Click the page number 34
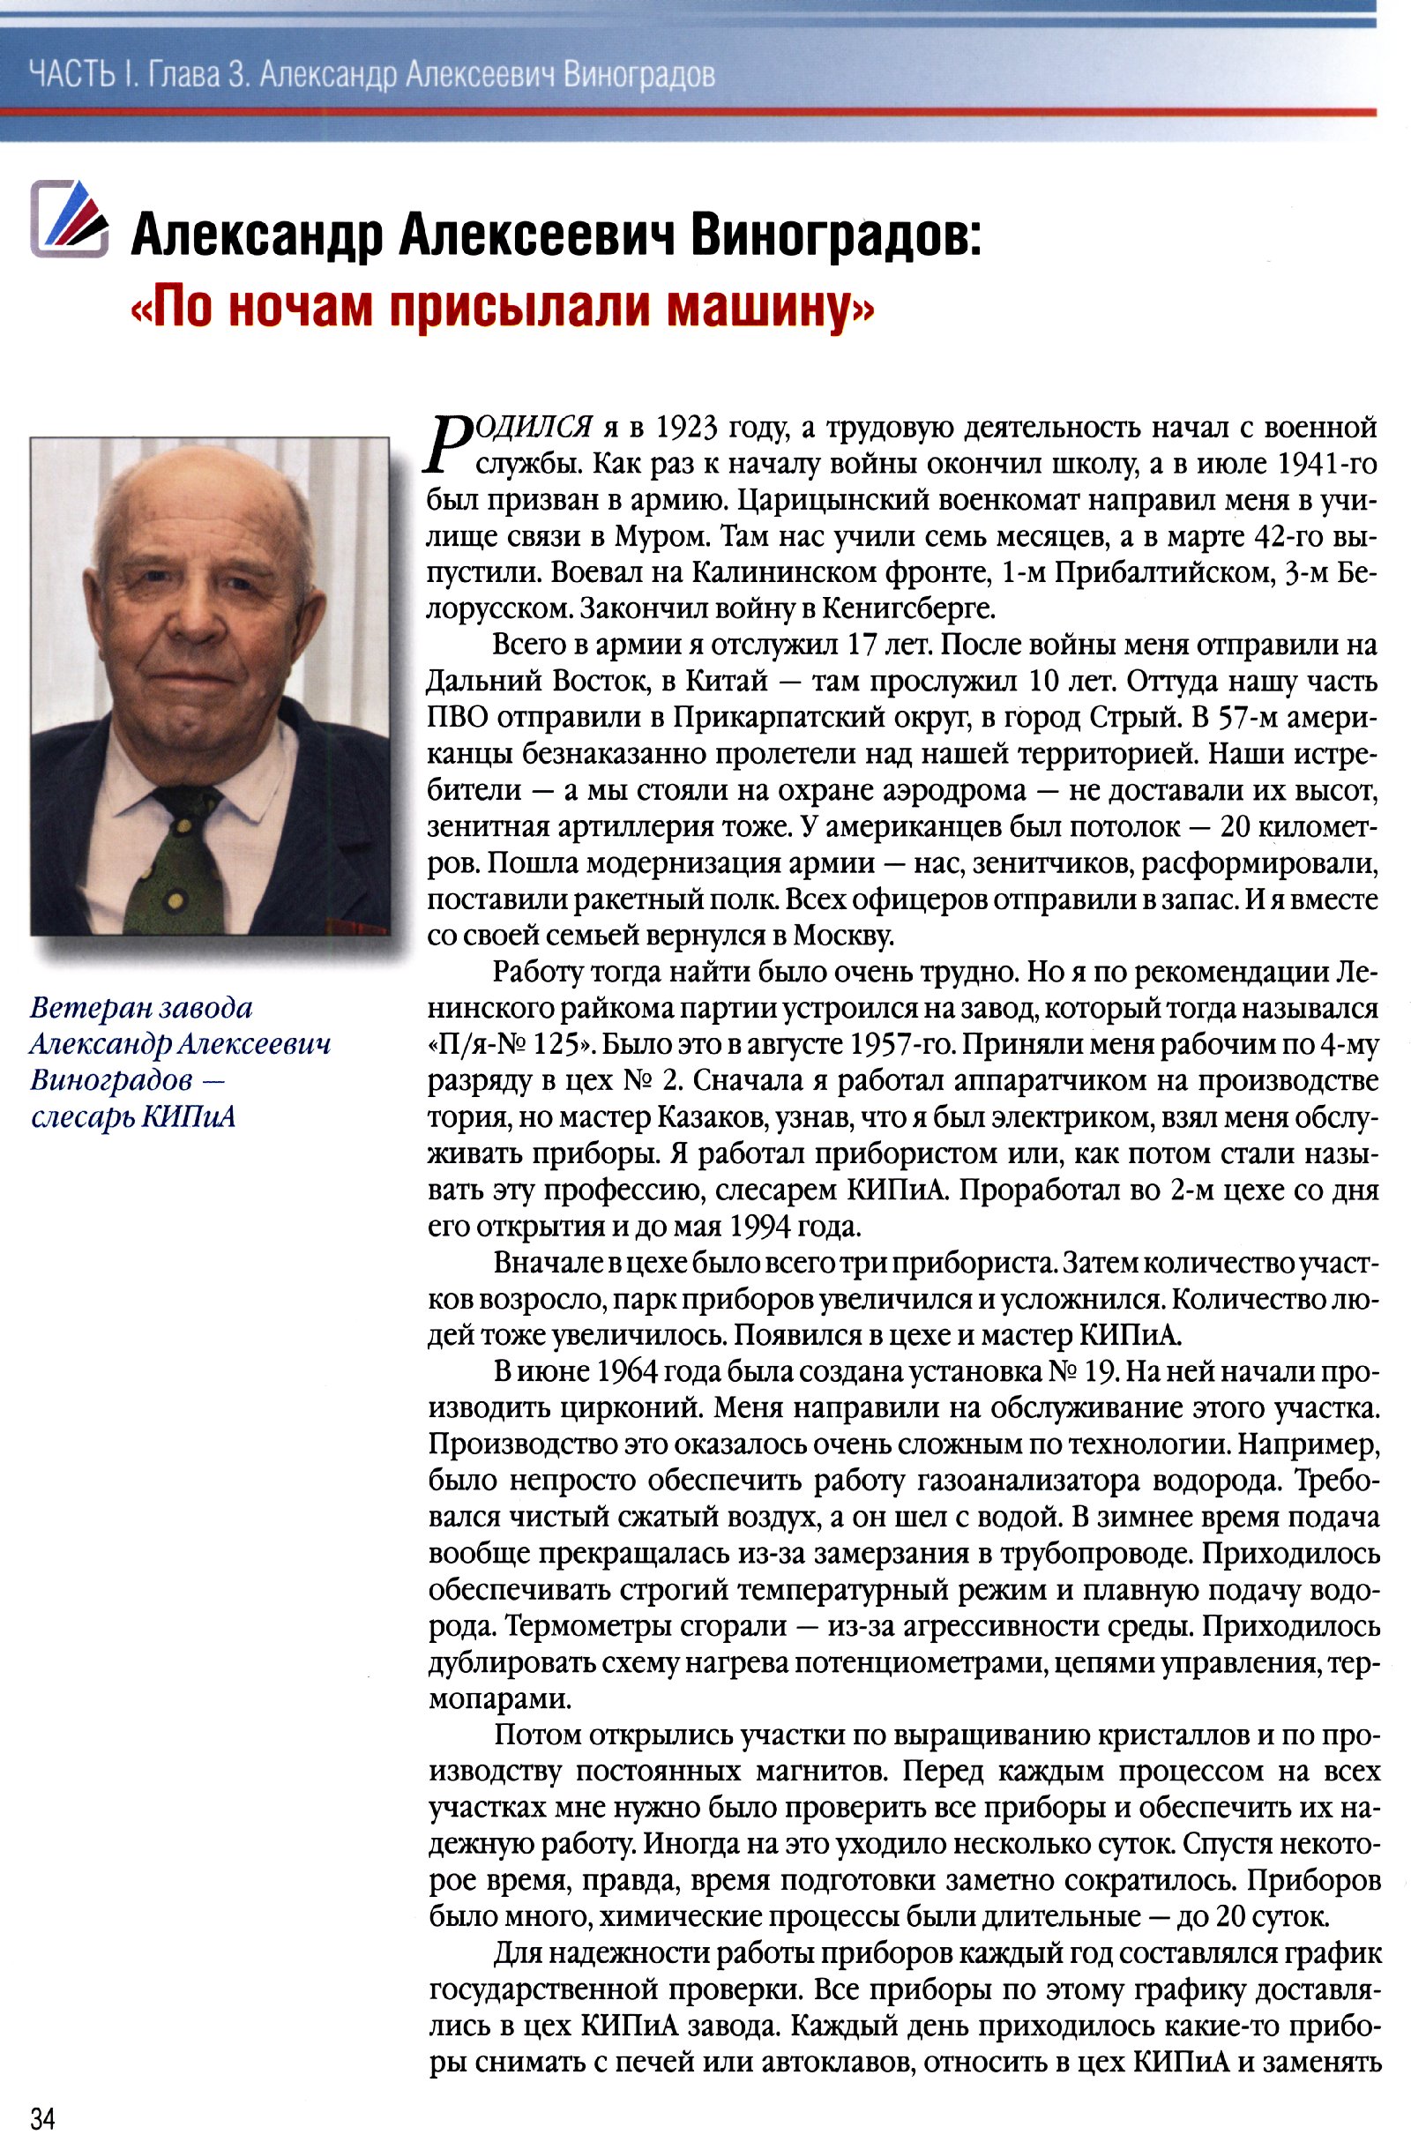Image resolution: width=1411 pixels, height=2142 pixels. [x=42, y=2116]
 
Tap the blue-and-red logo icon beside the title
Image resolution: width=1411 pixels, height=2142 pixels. [x=69, y=219]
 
